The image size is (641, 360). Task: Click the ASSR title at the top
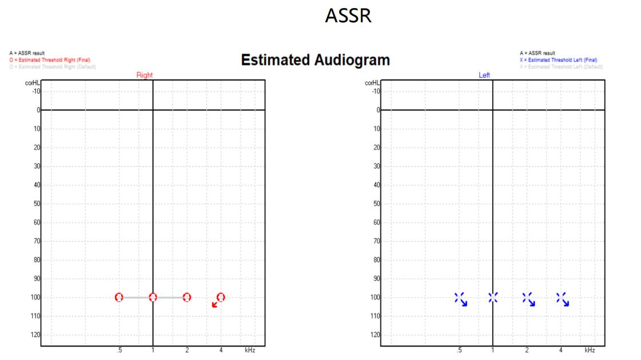(348, 16)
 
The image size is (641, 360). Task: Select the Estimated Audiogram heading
(315, 60)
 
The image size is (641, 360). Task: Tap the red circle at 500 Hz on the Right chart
(119, 297)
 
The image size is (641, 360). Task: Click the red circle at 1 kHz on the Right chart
(153, 297)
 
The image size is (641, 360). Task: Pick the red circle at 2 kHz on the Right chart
(187, 297)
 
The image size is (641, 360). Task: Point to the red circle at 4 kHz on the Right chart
(221, 297)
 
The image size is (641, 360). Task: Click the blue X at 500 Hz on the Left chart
(459, 297)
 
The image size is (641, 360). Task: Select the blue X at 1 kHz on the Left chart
(493, 297)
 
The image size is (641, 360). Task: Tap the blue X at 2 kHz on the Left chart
(527, 297)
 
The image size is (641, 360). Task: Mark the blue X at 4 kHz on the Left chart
(560, 297)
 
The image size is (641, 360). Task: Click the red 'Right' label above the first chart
(144, 75)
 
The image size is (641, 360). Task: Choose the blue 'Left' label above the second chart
(484, 75)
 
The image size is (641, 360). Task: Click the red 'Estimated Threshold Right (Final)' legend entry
(50, 60)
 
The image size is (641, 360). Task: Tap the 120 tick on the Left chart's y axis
(375, 335)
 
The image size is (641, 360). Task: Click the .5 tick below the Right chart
(119, 350)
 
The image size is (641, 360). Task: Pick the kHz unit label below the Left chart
(590, 350)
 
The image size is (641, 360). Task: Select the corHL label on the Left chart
(372, 83)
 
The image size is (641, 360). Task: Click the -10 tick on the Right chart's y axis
(35, 91)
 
